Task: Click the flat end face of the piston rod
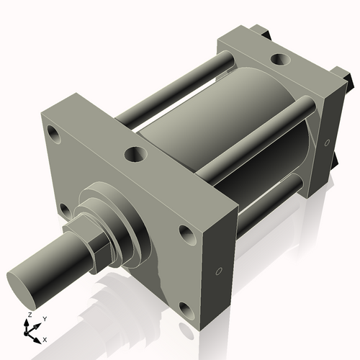(x=22, y=277)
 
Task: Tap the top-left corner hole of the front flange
(x=53, y=133)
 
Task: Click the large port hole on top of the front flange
(x=134, y=153)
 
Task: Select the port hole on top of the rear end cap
(x=277, y=58)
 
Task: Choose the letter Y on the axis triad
(x=44, y=318)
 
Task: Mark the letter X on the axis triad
(x=45, y=338)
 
